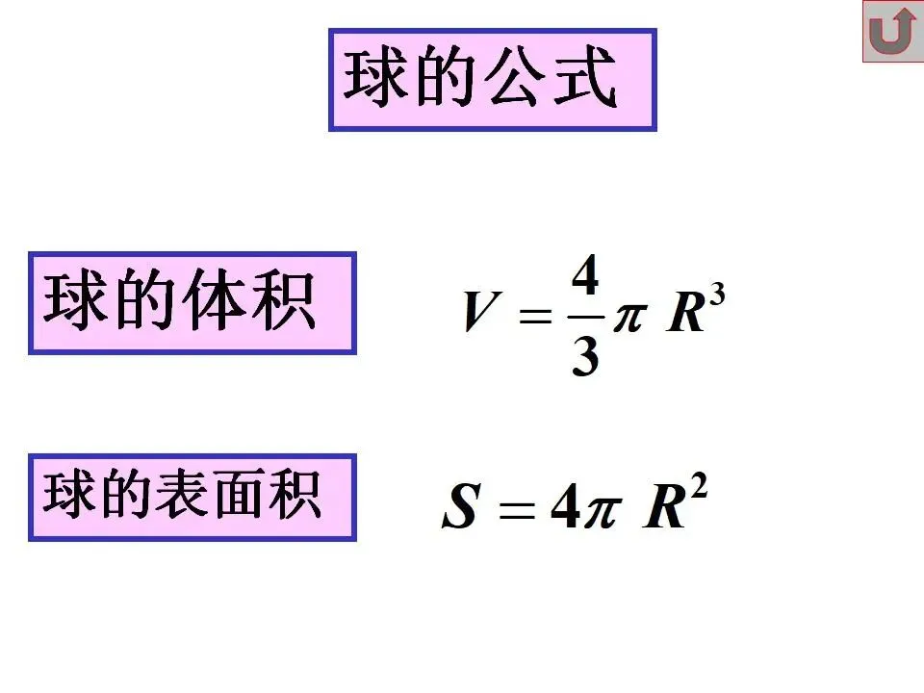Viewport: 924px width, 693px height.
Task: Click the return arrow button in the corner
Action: pos(892,32)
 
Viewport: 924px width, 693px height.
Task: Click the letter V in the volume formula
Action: pos(479,313)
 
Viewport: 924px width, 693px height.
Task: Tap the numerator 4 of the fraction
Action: pos(585,280)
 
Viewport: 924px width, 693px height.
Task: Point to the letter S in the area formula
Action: pos(460,507)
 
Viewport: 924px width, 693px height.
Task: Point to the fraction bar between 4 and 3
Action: pos(585,316)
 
